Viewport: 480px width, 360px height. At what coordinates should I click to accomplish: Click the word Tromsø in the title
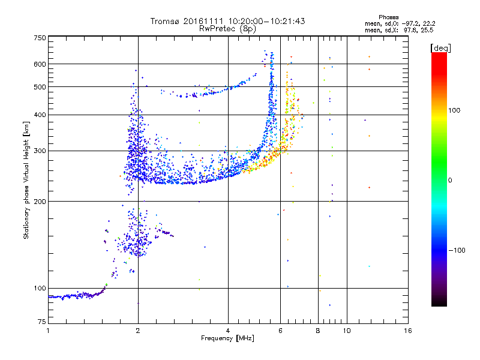click(164, 21)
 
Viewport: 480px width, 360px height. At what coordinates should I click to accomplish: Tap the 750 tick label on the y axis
click(40, 38)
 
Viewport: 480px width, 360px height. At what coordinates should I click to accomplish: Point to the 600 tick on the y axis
click(40, 64)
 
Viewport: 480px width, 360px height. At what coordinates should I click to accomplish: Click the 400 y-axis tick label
click(40, 115)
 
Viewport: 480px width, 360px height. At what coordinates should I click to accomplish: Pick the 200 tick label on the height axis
click(40, 202)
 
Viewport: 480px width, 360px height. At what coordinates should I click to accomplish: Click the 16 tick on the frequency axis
click(407, 331)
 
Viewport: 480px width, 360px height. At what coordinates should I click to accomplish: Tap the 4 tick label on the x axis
click(228, 331)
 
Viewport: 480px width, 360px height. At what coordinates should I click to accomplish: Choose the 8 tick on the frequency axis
click(318, 331)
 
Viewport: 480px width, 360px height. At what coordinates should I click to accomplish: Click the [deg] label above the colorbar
click(440, 47)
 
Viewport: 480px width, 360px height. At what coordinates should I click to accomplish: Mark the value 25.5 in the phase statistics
click(427, 29)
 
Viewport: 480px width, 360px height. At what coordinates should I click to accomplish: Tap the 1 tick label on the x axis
click(48, 331)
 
